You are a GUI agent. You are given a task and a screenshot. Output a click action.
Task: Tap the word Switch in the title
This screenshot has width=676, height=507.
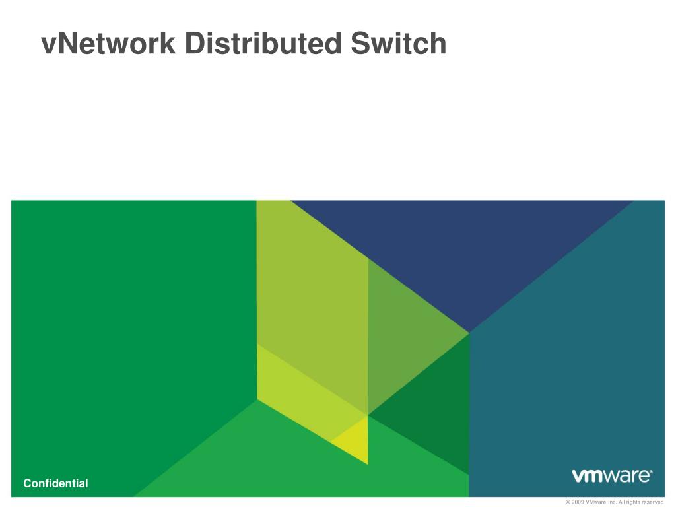(x=398, y=44)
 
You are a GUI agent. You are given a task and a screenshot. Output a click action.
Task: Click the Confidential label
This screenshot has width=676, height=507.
(x=55, y=483)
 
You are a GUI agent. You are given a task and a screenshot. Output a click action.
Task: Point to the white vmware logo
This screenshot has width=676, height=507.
(x=611, y=476)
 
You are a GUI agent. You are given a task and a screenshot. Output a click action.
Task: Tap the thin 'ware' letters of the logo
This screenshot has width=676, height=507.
(x=625, y=477)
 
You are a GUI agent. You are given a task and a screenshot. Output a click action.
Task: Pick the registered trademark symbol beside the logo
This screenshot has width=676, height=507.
(x=651, y=471)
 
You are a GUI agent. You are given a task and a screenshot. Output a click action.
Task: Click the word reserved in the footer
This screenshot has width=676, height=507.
(x=652, y=502)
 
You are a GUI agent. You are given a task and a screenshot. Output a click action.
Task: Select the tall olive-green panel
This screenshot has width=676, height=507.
(x=310, y=297)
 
